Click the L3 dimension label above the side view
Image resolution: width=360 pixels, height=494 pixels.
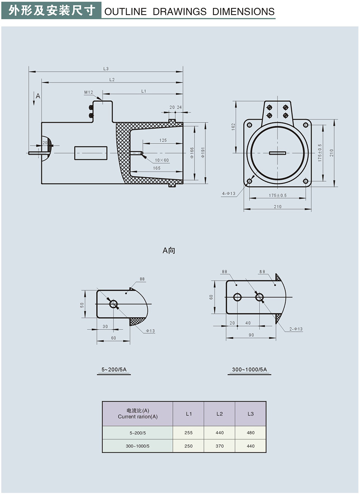[x=106, y=69]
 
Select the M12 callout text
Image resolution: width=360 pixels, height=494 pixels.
[x=89, y=93]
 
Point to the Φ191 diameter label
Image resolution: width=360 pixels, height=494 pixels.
[x=203, y=152]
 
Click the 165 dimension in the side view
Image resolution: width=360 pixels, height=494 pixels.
[x=157, y=168]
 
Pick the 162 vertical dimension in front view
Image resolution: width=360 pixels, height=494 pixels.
[x=233, y=127]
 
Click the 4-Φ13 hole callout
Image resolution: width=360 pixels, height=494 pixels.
[x=229, y=194]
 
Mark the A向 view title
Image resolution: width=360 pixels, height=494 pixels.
[x=169, y=251]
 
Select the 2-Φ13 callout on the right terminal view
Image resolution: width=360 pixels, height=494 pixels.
[x=296, y=329]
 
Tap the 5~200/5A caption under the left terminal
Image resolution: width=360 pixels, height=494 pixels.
[x=114, y=369]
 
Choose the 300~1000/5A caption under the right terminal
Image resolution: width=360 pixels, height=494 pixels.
[x=249, y=369]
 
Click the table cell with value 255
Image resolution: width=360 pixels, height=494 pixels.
[x=188, y=433]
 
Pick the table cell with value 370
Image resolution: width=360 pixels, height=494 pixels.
[x=220, y=446]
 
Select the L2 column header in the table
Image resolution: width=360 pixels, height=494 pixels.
[x=220, y=414]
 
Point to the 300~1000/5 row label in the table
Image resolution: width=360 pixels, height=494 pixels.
[x=138, y=446]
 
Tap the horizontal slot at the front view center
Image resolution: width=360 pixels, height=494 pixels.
[x=278, y=153]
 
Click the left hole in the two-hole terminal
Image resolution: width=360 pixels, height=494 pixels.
[x=237, y=298]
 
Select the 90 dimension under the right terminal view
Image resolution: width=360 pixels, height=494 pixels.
[x=251, y=335]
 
